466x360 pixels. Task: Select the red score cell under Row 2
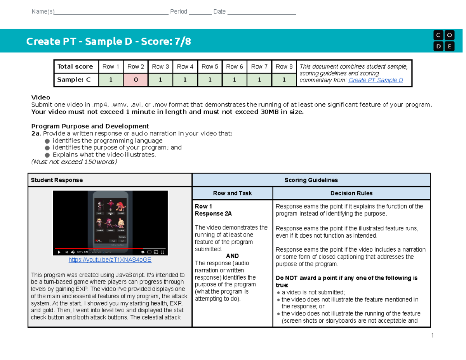[135, 80]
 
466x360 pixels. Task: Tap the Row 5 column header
[210, 67]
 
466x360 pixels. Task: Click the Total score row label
[75, 67]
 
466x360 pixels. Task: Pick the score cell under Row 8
[284, 80]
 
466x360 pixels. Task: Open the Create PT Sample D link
[376, 80]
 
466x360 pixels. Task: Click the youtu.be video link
[110, 260]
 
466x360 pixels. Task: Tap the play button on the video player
[59, 252]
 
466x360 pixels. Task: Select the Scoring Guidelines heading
[311, 180]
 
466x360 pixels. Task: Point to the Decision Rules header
[351, 193]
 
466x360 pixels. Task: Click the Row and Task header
[232, 193]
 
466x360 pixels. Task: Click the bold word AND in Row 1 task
[232, 256]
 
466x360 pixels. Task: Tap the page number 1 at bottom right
[431, 336]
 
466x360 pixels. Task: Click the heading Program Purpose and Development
[90, 126]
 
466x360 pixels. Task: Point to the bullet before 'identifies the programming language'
[47, 141]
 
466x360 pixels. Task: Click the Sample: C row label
[74, 80]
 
